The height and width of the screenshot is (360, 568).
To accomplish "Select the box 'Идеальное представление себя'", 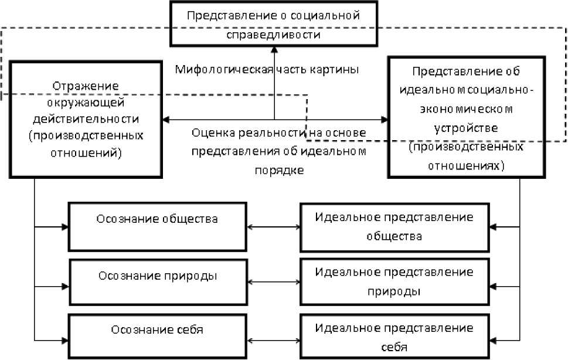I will click(394, 337).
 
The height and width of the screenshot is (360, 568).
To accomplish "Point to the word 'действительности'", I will click(86, 119).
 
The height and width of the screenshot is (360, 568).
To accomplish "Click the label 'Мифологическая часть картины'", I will click(267, 69).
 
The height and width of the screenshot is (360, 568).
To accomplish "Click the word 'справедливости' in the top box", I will click(273, 34).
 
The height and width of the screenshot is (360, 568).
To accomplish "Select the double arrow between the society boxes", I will click(274, 226).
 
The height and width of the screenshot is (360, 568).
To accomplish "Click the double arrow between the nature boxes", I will click(274, 283).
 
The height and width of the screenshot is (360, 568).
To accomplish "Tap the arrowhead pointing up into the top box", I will click(274, 50).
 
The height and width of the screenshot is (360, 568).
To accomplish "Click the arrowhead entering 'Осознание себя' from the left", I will click(65, 339).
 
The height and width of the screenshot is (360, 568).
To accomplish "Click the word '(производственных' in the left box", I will click(86, 136).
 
